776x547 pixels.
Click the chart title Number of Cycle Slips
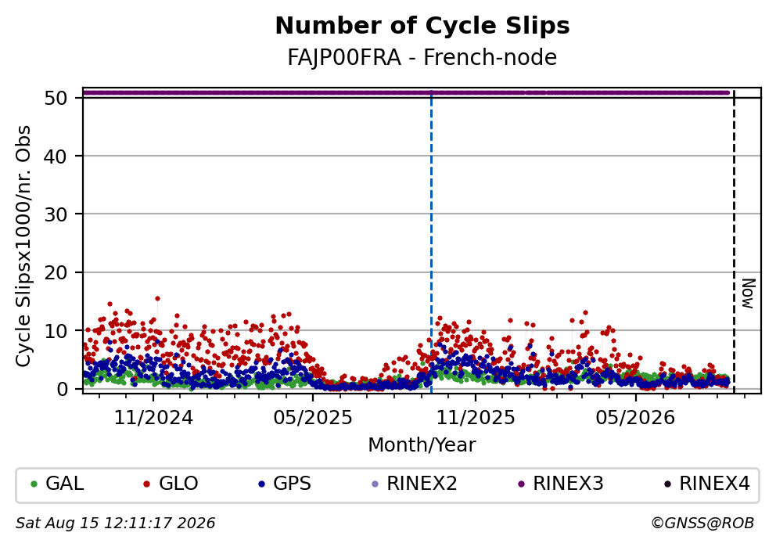(422, 26)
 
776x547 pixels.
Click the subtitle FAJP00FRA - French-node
(422, 57)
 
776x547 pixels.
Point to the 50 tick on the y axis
(56, 98)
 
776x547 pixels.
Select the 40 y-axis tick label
(56, 157)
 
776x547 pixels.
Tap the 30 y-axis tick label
(56, 214)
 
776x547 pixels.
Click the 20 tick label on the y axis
(56, 273)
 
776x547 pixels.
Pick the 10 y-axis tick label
(56, 331)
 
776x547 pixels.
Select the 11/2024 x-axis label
(153, 418)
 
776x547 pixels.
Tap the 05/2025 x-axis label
(313, 418)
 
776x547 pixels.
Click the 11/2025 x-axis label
(475, 418)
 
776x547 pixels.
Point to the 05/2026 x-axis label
(635, 418)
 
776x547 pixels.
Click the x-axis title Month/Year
(422, 445)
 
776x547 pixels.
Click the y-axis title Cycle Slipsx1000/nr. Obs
(23, 246)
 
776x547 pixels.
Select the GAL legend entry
(57, 484)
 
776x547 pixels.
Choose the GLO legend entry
(171, 484)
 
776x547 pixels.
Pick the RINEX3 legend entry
(560, 484)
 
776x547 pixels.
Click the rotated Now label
(749, 293)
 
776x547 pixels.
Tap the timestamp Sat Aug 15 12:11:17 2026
(115, 524)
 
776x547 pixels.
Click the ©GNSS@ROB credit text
(702, 524)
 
